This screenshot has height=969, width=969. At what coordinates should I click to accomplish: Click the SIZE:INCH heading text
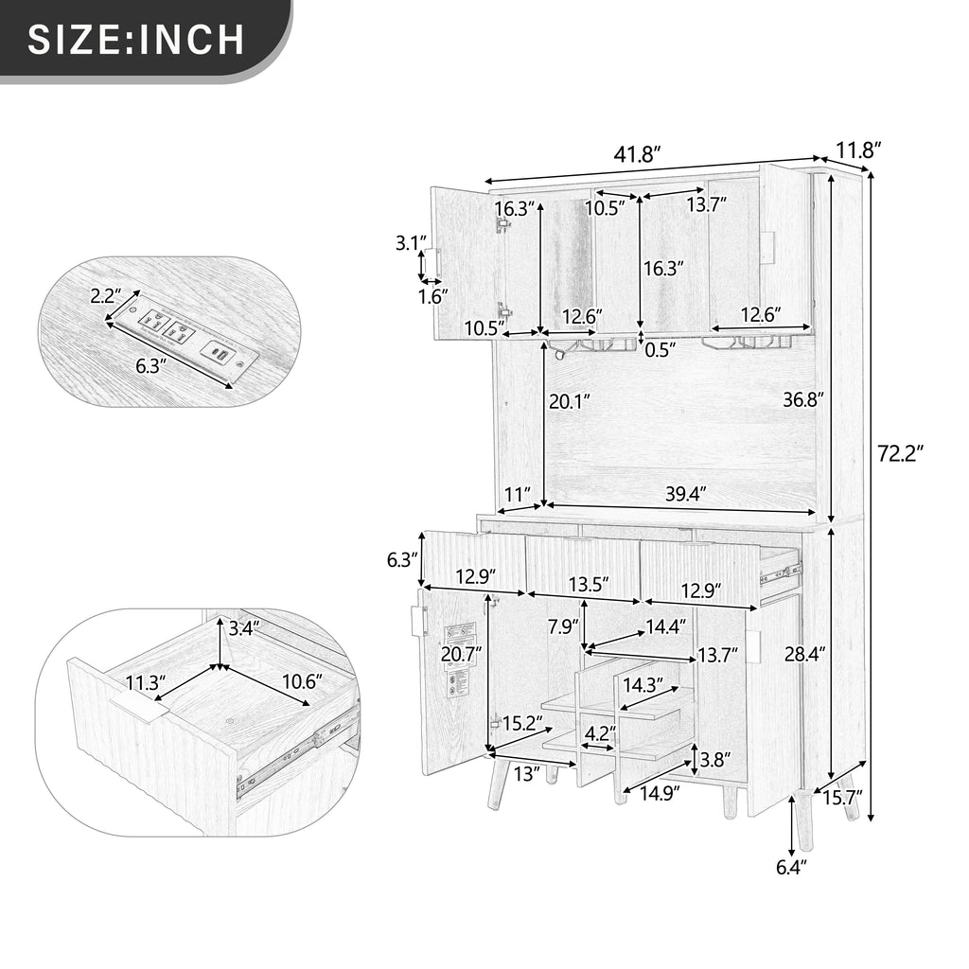click(x=136, y=39)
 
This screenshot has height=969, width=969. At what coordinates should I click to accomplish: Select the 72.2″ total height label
click(x=901, y=453)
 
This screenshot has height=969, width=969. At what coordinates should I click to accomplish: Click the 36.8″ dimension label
click(x=804, y=400)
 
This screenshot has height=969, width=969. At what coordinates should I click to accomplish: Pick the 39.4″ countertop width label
click(x=686, y=494)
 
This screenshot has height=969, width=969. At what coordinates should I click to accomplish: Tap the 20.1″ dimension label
click(x=570, y=401)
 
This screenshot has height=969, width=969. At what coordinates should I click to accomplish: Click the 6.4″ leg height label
click(x=792, y=869)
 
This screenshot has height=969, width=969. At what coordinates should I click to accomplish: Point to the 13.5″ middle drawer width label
click(x=589, y=583)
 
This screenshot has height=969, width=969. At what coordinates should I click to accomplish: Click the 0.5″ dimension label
click(x=661, y=350)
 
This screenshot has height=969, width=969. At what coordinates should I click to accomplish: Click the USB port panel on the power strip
click(x=220, y=354)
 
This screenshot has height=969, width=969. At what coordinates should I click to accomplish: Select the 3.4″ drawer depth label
click(x=245, y=629)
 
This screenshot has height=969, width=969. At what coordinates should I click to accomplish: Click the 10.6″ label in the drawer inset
click(x=303, y=681)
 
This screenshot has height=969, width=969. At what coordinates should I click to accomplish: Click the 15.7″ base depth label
click(x=841, y=798)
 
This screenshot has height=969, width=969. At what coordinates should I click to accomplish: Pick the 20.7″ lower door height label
click(x=461, y=653)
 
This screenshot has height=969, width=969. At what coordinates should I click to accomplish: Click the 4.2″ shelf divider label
click(x=601, y=733)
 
